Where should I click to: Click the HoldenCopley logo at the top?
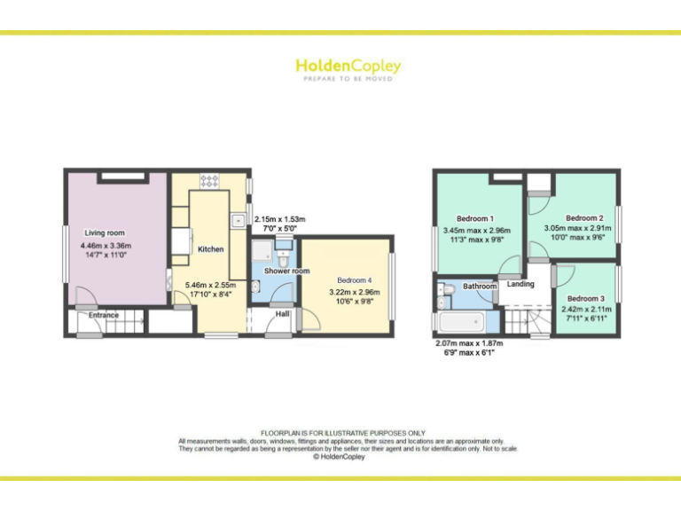tap(348, 67)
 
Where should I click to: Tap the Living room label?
tap(105, 233)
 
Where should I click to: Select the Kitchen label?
tap(210, 249)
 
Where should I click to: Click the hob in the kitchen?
tap(210, 181)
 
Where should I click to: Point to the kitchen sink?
tap(239, 220)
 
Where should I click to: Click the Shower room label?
tap(286, 271)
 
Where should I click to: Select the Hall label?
tap(282, 313)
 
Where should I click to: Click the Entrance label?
tap(103, 315)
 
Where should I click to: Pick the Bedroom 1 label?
tap(475, 218)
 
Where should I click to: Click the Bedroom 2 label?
tap(584, 217)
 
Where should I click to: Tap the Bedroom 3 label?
tap(586, 299)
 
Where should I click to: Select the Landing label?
tap(521, 284)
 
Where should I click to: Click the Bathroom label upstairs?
tap(480, 287)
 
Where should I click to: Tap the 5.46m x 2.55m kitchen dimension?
tap(209, 285)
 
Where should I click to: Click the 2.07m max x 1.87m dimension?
tap(469, 343)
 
